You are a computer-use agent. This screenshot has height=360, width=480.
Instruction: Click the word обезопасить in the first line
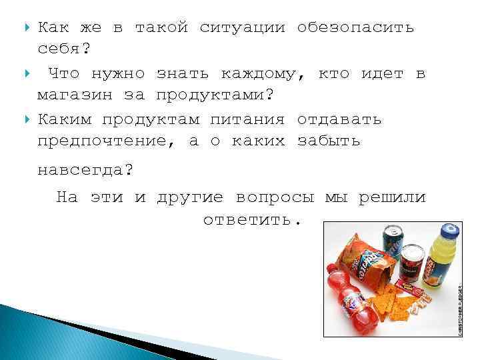point(355,28)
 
